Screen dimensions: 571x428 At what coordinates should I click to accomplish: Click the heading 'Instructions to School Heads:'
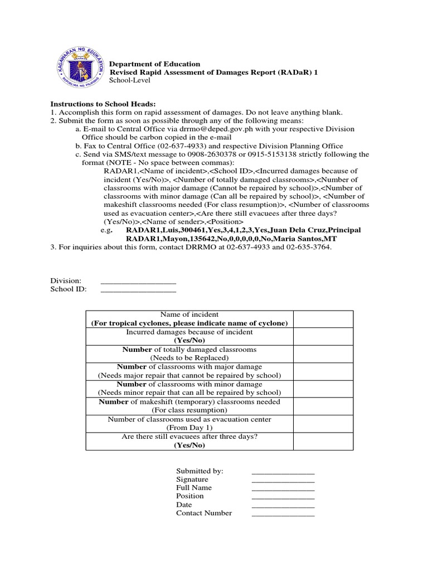(103, 104)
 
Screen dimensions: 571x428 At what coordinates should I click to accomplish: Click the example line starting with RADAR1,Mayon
(231, 239)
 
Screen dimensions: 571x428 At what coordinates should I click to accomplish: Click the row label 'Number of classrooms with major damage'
(189, 367)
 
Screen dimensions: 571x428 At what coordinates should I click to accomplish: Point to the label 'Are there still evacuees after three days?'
(189, 437)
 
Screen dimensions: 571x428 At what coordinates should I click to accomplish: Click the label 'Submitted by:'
(200, 471)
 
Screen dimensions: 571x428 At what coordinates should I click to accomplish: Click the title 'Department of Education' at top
(154, 64)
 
